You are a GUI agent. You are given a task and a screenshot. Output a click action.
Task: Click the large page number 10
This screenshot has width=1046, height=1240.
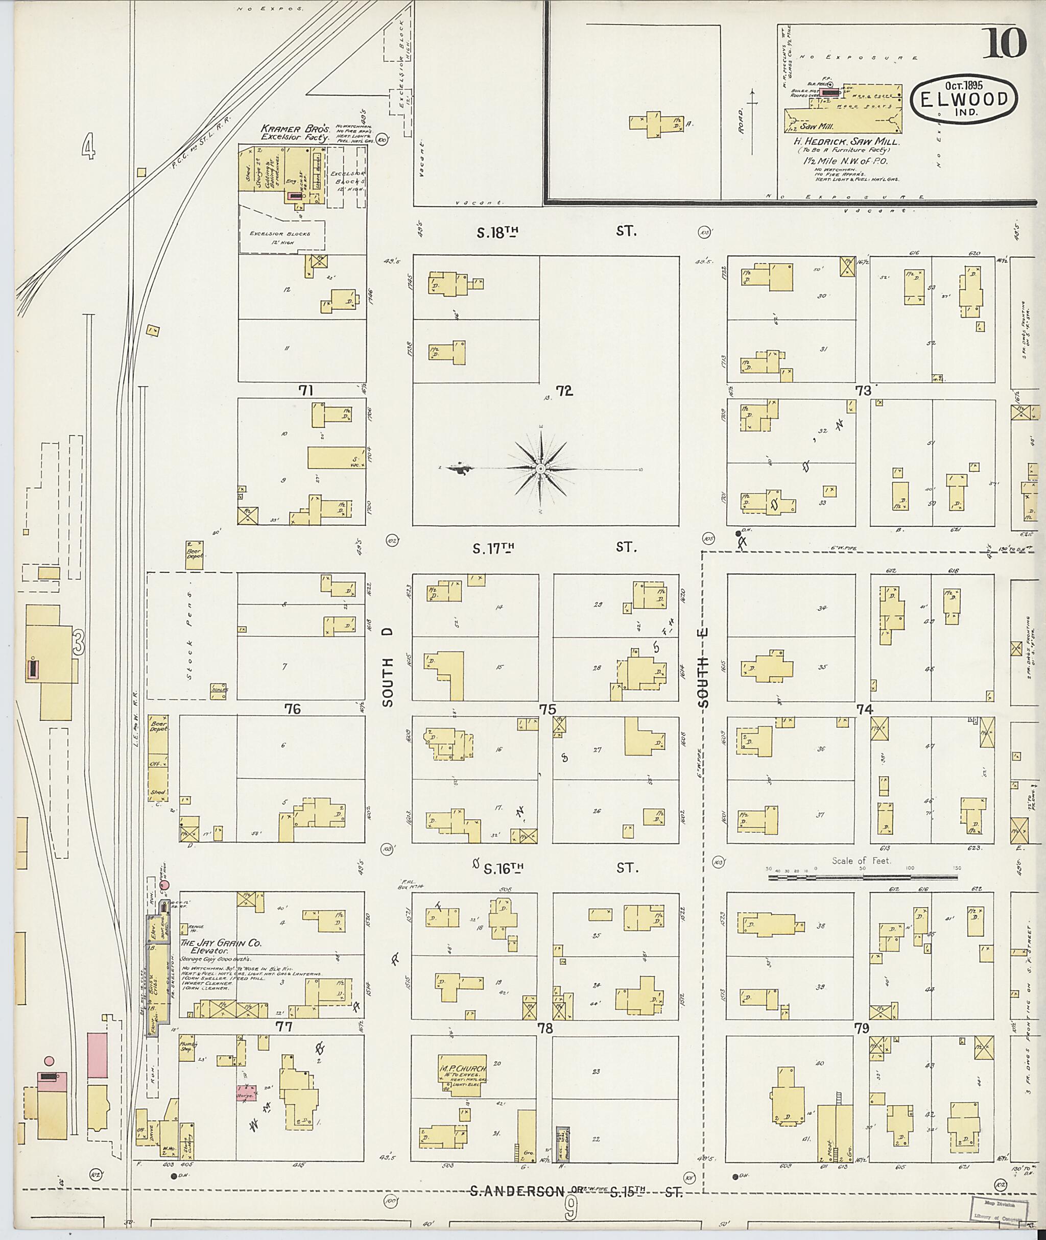pyautogui.click(x=1004, y=43)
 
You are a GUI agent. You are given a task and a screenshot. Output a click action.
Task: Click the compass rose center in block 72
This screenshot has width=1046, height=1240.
pyautogui.click(x=541, y=469)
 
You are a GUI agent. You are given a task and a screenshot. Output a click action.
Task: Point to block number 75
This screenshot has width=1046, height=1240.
pyautogui.click(x=546, y=709)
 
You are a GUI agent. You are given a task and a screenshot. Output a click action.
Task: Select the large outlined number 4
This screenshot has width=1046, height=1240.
pyautogui.click(x=89, y=147)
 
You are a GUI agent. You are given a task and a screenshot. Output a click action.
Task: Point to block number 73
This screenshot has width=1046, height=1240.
pyautogui.click(x=863, y=391)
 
